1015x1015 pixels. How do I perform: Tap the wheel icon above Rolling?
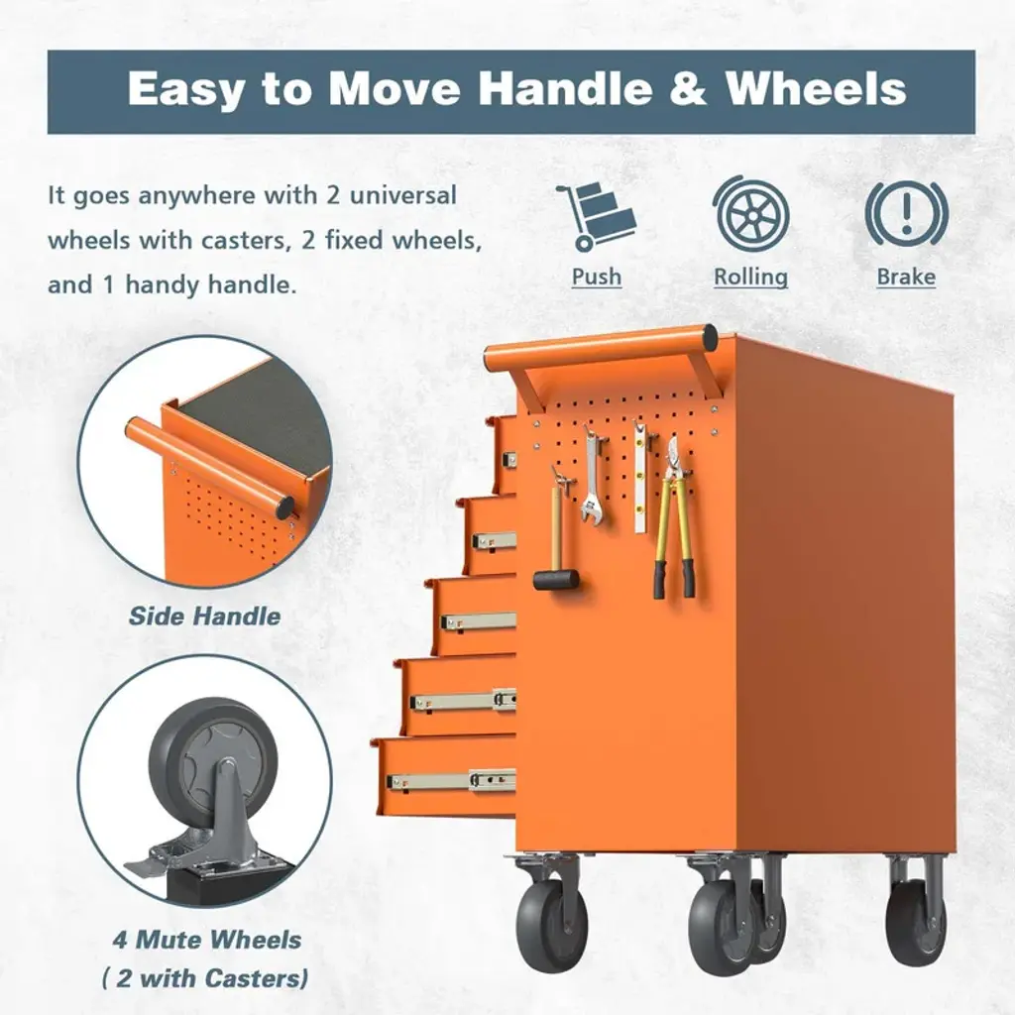(751, 214)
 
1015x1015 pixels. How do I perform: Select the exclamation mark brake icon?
(906, 214)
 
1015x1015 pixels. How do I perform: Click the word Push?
(596, 277)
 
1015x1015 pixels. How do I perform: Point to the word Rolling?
(751, 277)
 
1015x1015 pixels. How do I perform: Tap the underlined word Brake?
(906, 277)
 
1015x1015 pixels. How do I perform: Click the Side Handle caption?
(204, 616)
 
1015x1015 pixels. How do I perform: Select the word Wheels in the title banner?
(816, 88)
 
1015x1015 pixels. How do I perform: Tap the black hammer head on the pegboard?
(556, 579)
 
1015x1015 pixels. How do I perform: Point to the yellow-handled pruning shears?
(673, 517)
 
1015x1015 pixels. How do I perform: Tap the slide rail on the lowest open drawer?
(451, 781)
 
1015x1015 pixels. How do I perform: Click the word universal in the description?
(402, 195)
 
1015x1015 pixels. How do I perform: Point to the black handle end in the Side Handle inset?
(283, 507)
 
